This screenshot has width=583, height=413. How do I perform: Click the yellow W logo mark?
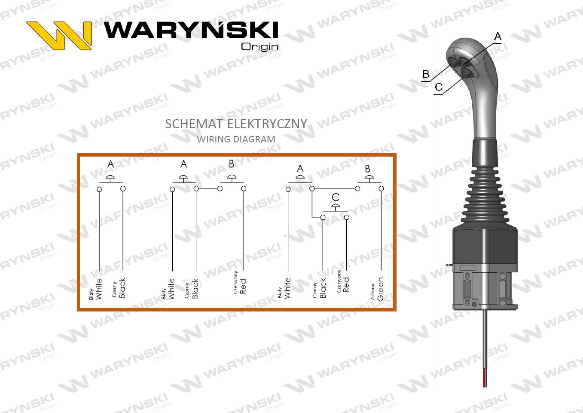pos(59,35)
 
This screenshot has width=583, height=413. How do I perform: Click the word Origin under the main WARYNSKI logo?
pos(259,46)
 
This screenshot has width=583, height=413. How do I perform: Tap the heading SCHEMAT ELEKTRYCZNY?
pos(236,124)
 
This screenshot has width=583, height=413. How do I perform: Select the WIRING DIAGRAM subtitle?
pos(236,139)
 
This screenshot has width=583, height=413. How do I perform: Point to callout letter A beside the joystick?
pos(498,37)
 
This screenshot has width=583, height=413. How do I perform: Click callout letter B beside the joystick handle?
pos(426,74)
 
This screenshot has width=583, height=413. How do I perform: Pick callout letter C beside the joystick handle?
pos(438,87)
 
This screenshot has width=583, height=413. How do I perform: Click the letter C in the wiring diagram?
pos(336,197)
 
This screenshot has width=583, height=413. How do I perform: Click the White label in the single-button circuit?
pos(99,289)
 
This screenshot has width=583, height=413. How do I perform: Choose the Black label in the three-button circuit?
pos(323,288)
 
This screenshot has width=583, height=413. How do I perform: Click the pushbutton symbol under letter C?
pos(335,207)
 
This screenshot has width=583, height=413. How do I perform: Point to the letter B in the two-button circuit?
pos(232,164)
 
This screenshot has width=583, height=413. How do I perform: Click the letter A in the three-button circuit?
pos(300,168)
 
